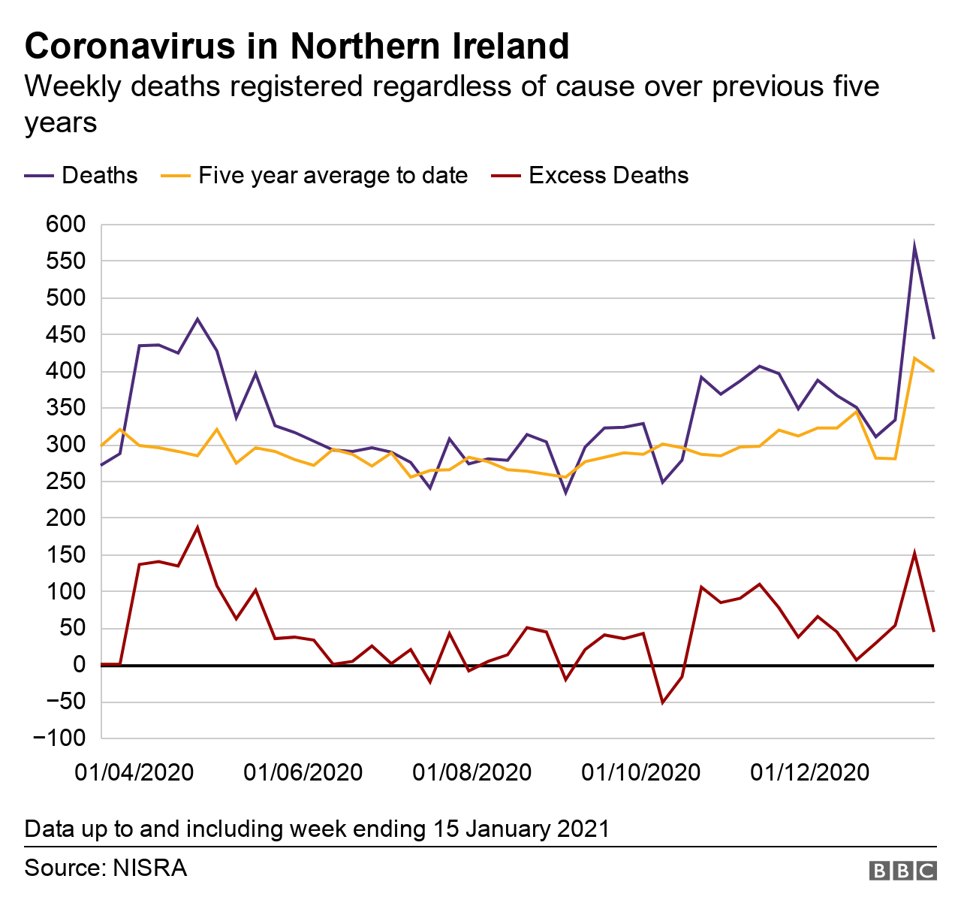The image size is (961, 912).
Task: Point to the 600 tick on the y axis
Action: click(66, 225)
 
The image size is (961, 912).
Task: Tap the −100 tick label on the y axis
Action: click(60, 738)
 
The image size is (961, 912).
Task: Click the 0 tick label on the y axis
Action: click(80, 666)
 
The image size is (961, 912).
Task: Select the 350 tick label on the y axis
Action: click(66, 409)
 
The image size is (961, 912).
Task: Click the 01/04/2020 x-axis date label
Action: click(134, 772)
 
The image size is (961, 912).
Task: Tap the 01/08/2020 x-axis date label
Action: click(472, 772)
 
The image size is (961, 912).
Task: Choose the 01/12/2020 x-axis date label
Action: click(810, 772)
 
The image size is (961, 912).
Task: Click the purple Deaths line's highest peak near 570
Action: click(914, 246)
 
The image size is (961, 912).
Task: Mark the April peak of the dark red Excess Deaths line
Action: click(197, 527)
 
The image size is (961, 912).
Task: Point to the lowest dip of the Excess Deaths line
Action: click(662, 702)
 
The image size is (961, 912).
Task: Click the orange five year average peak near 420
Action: click(914, 358)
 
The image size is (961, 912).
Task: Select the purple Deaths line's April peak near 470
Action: click(197, 319)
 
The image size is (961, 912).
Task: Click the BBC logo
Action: click(902, 871)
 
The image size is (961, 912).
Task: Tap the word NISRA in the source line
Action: click(149, 868)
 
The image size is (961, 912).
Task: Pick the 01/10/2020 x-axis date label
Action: click(641, 772)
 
